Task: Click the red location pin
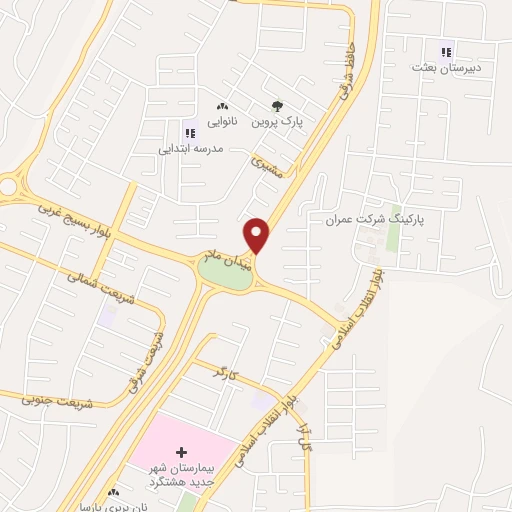(x=257, y=236)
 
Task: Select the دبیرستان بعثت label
(x=446, y=68)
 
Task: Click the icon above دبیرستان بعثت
(x=446, y=52)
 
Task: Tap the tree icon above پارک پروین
(x=277, y=106)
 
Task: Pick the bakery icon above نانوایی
(x=222, y=106)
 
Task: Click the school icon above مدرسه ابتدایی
(x=190, y=131)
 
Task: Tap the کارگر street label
(x=227, y=372)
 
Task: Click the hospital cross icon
(x=181, y=453)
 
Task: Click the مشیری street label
(x=268, y=167)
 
